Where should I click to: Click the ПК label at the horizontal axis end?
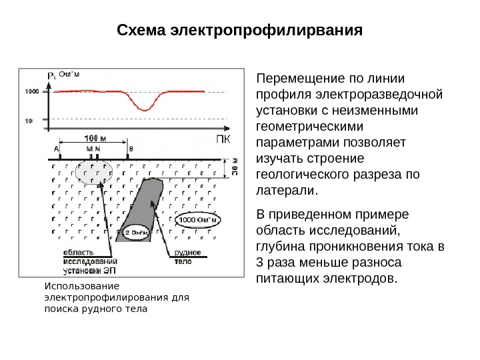coord(225,139)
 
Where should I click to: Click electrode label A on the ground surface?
coord(57,149)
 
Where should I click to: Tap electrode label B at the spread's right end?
coord(131,149)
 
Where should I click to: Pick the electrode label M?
coord(89,149)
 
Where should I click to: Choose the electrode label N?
coord(97,149)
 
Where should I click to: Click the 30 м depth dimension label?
coord(235,167)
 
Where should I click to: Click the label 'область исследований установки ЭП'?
coord(87,261)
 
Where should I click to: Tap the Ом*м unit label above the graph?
coord(70,74)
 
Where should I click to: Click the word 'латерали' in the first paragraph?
coord(286,191)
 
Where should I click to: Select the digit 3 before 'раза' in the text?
coord(260,261)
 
